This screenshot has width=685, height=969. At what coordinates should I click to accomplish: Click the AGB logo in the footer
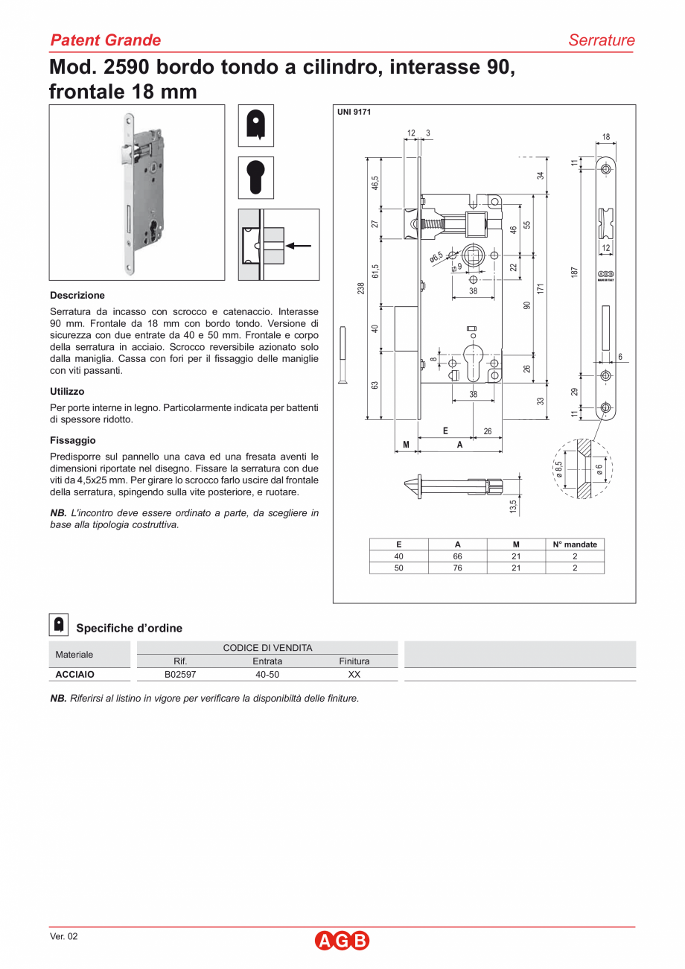pos(342,941)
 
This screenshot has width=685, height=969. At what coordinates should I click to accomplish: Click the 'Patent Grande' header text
pos(105,40)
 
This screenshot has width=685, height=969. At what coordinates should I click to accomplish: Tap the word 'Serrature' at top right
pos(601,40)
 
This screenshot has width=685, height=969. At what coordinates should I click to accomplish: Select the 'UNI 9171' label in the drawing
pos(354,112)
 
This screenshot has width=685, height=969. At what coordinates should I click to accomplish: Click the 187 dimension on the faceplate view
pos(574,273)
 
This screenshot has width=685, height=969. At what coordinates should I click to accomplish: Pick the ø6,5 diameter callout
pos(436,257)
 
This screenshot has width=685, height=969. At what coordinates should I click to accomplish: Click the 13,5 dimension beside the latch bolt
pos(513,506)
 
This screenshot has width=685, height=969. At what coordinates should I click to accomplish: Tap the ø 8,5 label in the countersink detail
pos(558,468)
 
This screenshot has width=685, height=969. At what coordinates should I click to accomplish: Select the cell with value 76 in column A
pos(457,568)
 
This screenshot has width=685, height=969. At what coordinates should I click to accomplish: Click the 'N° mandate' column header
pos(575,544)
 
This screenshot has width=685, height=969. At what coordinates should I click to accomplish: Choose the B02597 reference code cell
pos(180,674)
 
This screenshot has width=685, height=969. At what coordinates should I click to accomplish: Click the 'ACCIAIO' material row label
pos(75,674)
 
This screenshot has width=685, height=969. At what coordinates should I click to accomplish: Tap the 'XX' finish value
pos(354,674)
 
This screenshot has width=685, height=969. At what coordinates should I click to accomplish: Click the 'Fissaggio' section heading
pos(73,440)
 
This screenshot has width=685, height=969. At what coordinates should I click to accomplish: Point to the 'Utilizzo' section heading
pos(67,391)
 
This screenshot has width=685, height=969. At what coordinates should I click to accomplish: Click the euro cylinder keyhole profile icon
pos(255,177)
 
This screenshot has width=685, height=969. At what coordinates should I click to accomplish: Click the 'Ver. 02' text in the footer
pos(63,936)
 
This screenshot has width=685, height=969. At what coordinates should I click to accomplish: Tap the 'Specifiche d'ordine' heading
pos(129,628)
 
